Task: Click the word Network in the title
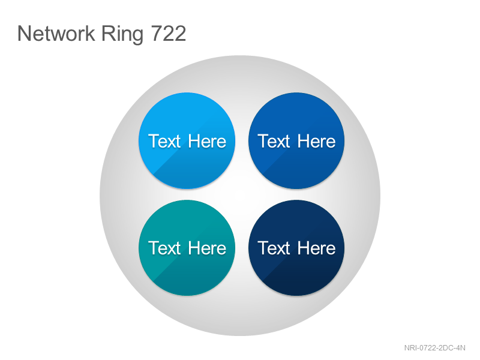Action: pyautogui.click(x=56, y=33)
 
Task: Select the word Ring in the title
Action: pyautogui.click(x=122, y=35)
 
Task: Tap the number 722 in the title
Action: pyautogui.click(x=169, y=33)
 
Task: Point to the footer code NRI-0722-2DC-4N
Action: pyautogui.click(x=434, y=348)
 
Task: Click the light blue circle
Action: pyautogui.click(x=187, y=141)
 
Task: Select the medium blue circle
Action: pyautogui.click(x=296, y=141)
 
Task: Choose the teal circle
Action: pyautogui.click(x=187, y=248)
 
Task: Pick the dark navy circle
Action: pyautogui.click(x=296, y=248)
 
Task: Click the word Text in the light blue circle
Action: pyautogui.click(x=164, y=141)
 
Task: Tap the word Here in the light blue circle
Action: pyautogui.click(x=207, y=141)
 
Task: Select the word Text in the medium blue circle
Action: pyautogui.click(x=274, y=141)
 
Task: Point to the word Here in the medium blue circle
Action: pyautogui.click(x=316, y=141)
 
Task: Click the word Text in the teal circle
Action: pyautogui.click(x=164, y=248)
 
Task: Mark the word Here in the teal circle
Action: pyautogui.click(x=207, y=248)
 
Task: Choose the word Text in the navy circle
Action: pyautogui.click(x=274, y=248)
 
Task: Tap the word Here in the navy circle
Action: pyautogui.click(x=316, y=248)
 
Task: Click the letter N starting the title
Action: pyautogui.click(x=24, y=33)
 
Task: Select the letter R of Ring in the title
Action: pyautogui.click(x=108, y=33)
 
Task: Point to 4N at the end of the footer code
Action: pyautogui.click(x=461, y=348)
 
